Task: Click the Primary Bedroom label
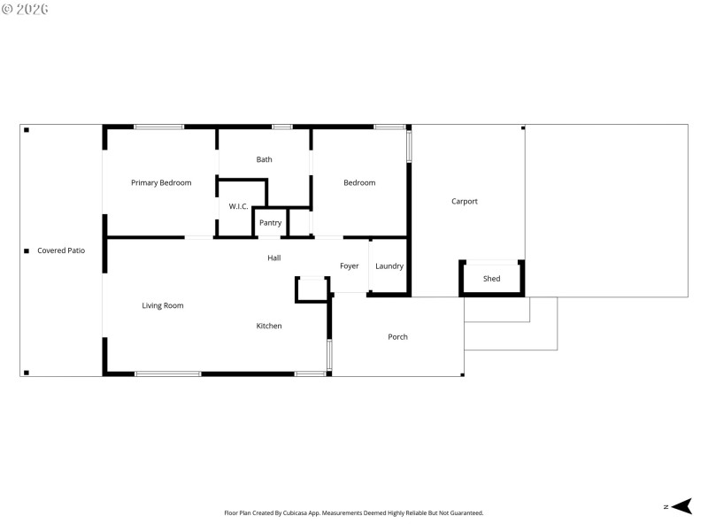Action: click(x=161, y=183)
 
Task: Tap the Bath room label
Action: click(x=265, y=160)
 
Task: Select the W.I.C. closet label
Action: click(x=238, y=206)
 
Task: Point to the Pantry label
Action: click(x=271, y=223)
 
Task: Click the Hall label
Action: click(x=274, y=258)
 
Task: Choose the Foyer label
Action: click(x=350, y=266)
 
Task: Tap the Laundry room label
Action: click(x=389, y=266)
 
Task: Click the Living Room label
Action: click(x=163, y=306)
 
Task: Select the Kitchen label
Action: click(x=269, y=327)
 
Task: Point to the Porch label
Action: click(x=398, y=337)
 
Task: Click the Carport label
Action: click(x=465, y=202)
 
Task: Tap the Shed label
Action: click(x=492, y=280)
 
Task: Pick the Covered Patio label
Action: click(x=61, y=251)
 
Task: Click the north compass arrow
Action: click(x=681, y=506)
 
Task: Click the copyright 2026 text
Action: click(x=25, y=9)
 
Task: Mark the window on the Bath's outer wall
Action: click(x=282, y=127)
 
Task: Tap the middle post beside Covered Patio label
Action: click(x=27, y=251)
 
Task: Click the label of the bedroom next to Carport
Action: click(x=359, y=183)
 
